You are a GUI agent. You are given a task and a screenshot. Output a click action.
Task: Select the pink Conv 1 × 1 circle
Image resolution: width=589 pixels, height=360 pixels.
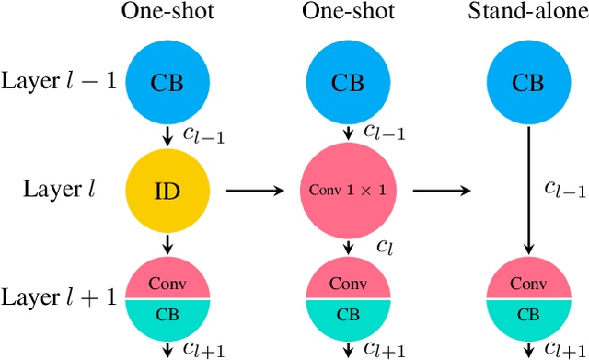(347, 191)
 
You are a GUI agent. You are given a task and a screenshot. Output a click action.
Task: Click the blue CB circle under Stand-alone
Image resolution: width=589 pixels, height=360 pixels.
(527, 83)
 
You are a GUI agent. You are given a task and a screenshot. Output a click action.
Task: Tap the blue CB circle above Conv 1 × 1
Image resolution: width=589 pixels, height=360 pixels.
(347, 83)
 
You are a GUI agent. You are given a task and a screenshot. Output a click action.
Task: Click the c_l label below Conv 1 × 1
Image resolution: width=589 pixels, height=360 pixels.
(386, 248)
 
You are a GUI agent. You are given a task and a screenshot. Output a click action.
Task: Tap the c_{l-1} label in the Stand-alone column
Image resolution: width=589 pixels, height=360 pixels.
(560, 191)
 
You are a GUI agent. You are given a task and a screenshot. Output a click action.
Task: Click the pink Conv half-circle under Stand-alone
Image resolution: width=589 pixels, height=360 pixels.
(527, 282)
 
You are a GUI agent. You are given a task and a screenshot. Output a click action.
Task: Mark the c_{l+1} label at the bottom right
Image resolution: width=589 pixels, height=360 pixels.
(563, 349)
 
